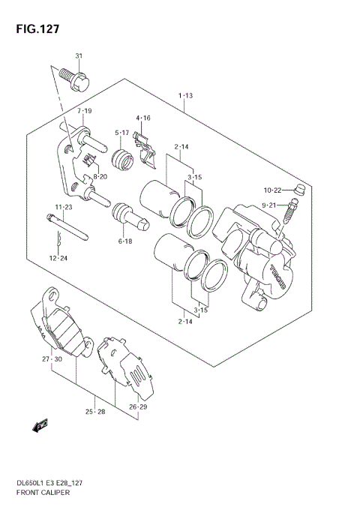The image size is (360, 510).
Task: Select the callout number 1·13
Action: (186, 96)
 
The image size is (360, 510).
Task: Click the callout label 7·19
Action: (84, 111)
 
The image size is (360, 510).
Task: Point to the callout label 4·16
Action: (143, 118)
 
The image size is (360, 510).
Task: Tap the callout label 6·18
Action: (124, 241)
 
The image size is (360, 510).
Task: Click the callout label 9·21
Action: (269, 205)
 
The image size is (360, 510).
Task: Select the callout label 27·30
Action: (52, 360)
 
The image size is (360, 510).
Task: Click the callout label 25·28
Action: (94, 412)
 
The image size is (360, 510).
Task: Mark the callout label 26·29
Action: (137, 407)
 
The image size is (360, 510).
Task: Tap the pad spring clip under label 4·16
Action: (148, 154)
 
